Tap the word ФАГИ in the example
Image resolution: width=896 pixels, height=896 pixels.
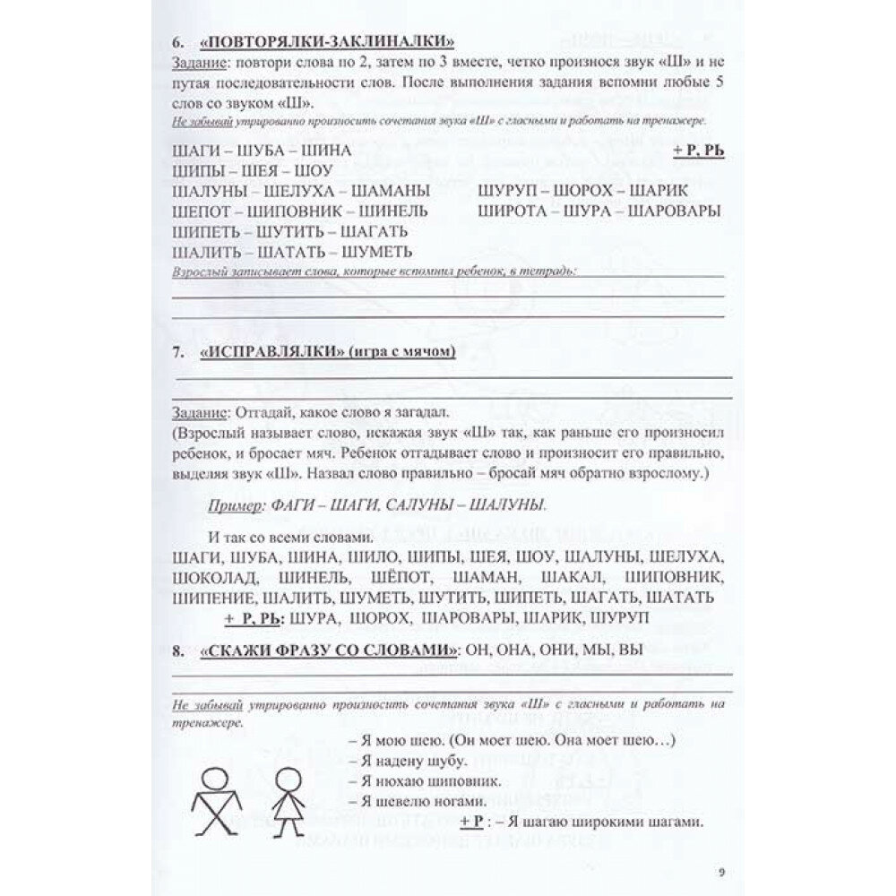280,505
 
